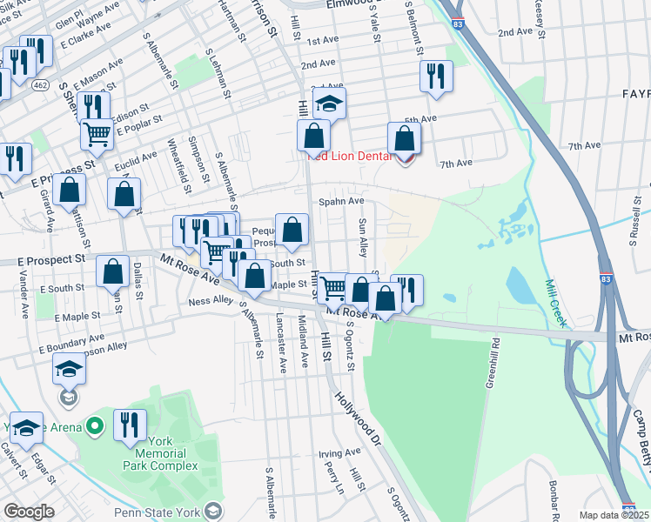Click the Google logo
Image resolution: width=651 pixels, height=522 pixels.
[x=29, y=512]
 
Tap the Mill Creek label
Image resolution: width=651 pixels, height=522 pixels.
[x=555, y=303]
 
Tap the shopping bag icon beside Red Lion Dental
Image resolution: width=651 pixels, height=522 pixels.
[x=404, y=139]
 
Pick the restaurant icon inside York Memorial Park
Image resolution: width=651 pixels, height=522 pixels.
[x=129, y=426]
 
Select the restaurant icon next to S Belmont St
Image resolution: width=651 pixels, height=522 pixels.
[x=436, y=77]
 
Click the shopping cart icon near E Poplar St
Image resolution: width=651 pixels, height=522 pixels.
[x=97, y=134]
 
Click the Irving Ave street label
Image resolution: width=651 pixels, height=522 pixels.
[x=339, y=453]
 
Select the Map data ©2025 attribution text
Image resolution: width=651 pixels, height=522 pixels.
[x=614, y=515]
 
